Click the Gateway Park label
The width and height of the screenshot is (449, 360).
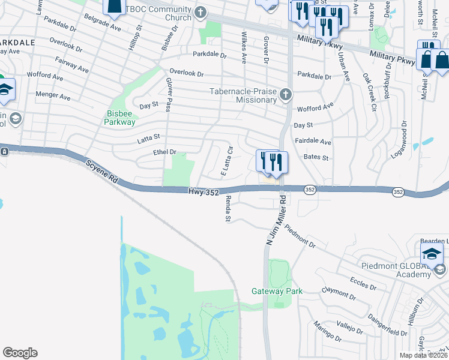click(x=277, y=292)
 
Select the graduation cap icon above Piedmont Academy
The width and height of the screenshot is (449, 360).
click(x=432, y=254)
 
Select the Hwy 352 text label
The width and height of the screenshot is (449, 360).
click(x=202, y=191)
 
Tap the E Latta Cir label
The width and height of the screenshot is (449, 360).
click(x=226, y=161)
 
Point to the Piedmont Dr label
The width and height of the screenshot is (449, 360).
click(x=300, y=236)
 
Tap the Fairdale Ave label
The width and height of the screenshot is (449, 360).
click(x=313, y=142)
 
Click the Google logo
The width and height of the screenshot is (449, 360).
click(x=20, y=353)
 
